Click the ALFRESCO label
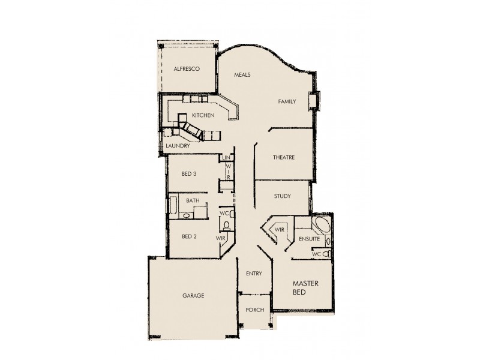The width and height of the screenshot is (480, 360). coord(186,69)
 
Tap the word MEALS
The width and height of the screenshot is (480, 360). coord(242,75)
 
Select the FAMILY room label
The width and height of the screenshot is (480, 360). coord(287,101)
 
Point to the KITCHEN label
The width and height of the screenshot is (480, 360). coord(203,115)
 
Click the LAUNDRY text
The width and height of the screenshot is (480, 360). coord(178,146)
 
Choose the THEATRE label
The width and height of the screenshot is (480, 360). coord(283,158)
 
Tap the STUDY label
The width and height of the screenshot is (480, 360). coord(282,196)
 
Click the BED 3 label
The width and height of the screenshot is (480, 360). coord(189,174)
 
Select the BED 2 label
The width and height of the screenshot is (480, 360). coord(189,236)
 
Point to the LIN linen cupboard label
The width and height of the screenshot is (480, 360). coord(227,158)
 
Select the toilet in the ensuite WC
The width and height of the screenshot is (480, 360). coord(327,254)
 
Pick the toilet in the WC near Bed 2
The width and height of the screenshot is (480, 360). coord(226,226)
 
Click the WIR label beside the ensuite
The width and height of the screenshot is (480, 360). coord(279,230)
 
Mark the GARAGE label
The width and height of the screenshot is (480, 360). coord(193,296)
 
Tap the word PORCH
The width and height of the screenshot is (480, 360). coord(254,310)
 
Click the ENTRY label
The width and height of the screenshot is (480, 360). coord(254,274)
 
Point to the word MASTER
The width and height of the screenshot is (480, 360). coord(305,283)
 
